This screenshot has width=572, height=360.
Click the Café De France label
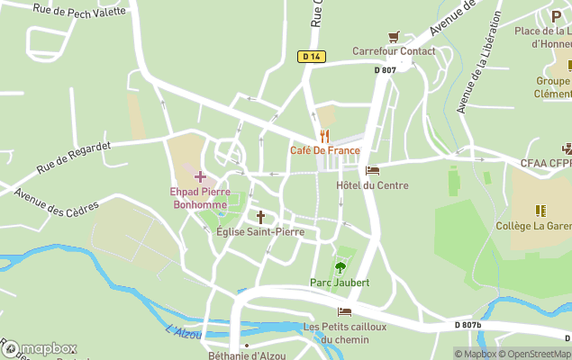tap(324, 150)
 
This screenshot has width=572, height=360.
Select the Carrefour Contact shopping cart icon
tap(394, 37)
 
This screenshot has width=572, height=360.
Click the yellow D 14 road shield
tap(311, 57)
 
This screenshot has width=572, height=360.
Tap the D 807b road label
tap(469, 324)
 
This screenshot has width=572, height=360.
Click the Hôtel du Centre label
tap(372, 185)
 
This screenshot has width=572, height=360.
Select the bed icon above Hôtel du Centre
tap(372, 169)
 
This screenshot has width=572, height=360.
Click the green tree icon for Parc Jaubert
tap(340, 266)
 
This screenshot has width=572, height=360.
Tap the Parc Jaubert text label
tap(340, 283)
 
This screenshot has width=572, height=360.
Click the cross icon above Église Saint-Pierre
tap(260, 216)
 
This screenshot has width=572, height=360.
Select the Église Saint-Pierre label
tap(260, 232)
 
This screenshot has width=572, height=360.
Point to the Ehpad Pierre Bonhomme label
tap(200, 198)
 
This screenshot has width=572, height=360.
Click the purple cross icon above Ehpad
tap(200, 176)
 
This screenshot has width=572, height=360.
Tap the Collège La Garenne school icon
tap(540, 211)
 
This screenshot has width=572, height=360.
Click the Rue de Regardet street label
tap(74, 157)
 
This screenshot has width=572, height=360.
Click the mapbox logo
tap(40, 348)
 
